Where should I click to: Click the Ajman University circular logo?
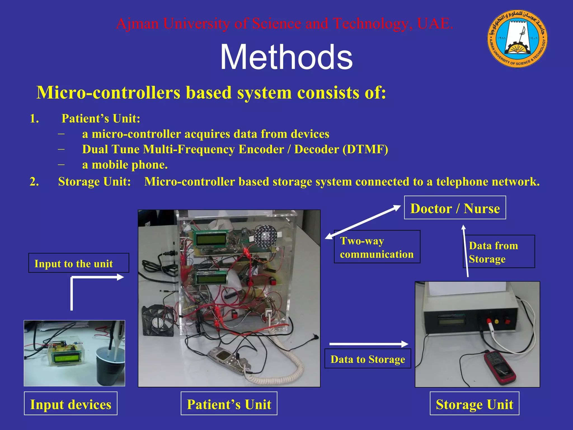[x=517, y=38]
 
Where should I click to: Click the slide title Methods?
[x=286, y=57]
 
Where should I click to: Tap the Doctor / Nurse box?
[x=455, y=208]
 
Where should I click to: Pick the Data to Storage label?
[x=368, y=359]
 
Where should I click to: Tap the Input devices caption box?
[x=71, y=404]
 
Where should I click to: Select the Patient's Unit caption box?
[x=229, y=404]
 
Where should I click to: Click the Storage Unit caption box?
[x=475, y=404]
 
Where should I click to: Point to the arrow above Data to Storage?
[x=369, y=344]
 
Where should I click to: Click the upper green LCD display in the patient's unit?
[x=210, y=239]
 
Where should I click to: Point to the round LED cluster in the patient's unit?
[x=266, y=236]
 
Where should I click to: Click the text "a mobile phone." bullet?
[x=125, y=165]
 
